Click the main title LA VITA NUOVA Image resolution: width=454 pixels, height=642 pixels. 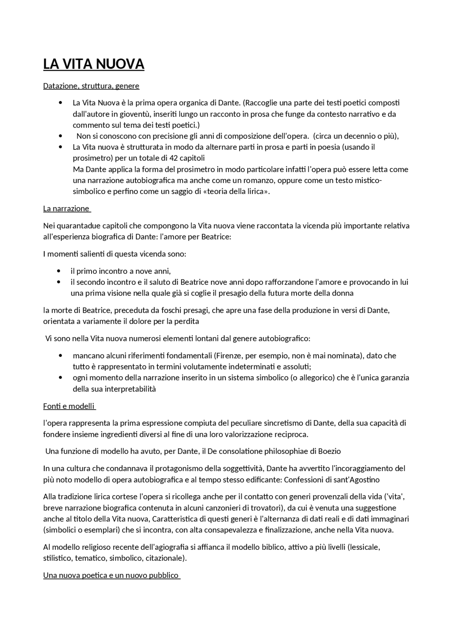click(x=94, y=64)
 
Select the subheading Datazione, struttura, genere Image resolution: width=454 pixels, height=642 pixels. click(x=91, y=86)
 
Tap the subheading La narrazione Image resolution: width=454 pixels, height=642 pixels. click(x=66, y=208)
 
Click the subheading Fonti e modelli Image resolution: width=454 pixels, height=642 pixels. click(x=69, y=406)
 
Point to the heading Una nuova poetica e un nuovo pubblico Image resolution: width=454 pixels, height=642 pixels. click(x=111, y=575)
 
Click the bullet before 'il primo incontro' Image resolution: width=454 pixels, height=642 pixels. click(x=59, y=272)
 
